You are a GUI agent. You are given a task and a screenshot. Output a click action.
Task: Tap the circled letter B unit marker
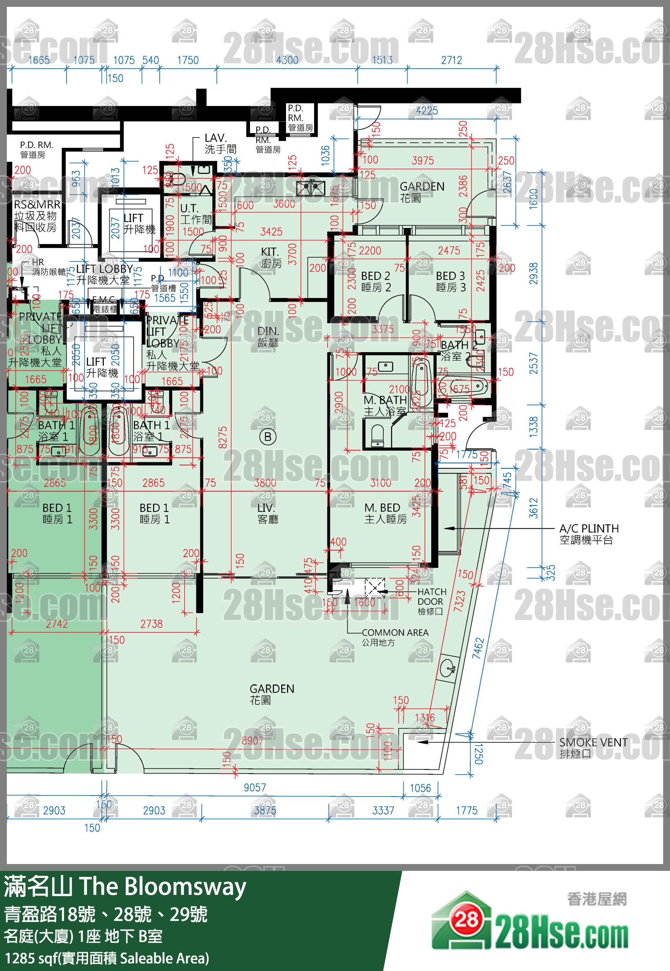coord(268,437)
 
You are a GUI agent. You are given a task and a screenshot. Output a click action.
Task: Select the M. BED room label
coord(385,513)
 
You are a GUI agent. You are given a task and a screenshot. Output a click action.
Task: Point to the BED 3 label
coord(450,281)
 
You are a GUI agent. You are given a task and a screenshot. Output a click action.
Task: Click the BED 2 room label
coord(376,281)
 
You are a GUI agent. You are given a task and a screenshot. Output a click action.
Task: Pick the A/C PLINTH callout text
coord(588,534)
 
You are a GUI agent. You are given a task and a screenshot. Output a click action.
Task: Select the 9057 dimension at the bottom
coord(255,787)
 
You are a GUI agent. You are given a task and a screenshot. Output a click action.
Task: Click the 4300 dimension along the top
coord(287,60)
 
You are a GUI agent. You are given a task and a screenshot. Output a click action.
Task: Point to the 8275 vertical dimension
coord(223,437)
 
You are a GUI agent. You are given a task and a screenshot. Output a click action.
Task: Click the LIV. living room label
coord(266,513)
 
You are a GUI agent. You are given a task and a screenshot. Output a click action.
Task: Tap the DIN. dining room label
coord(268,336)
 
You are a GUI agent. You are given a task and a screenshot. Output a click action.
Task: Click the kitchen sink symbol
coord(311,188)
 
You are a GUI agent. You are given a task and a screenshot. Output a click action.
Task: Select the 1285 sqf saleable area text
coord(107,958)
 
